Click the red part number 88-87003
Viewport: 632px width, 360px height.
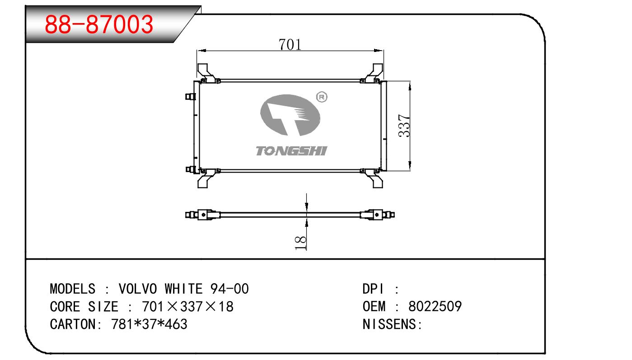coord(99,24)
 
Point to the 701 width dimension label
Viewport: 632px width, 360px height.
coord(290,45)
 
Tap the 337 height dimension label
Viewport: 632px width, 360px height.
coord(404,126)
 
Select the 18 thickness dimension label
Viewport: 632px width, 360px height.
coord(300,243)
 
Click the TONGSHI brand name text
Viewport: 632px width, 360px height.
coord(291,151)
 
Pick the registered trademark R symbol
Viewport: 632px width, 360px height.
coord(322,97)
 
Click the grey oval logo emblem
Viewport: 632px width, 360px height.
coord(290,115)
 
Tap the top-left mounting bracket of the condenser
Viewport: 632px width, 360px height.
coord(207,73)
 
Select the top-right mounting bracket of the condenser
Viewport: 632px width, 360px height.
coord(373,73)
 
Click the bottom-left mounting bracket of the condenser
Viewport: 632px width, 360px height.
coord(207,178)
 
